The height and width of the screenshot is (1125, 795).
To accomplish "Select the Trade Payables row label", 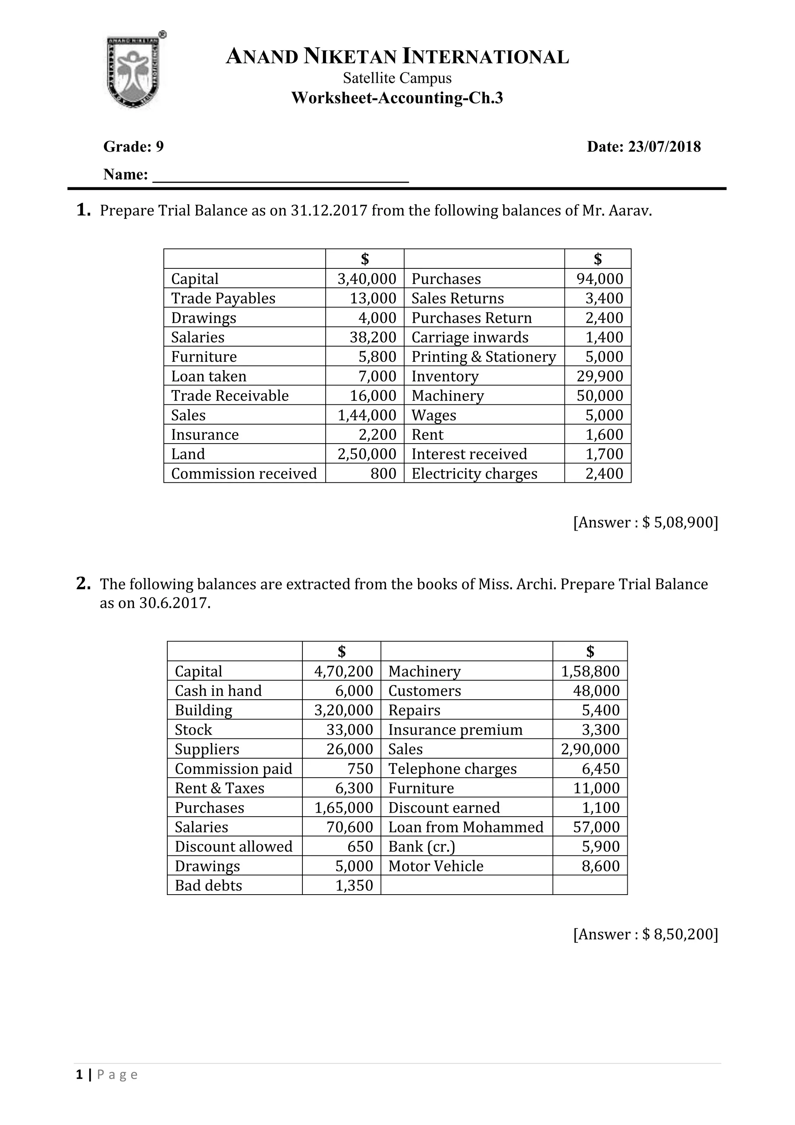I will [223, 298].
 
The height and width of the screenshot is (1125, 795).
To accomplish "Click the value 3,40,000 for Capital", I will [367, 279].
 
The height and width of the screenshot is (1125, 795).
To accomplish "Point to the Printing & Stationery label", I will [484, 357].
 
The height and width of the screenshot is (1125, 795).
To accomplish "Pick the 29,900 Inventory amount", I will [600, 376].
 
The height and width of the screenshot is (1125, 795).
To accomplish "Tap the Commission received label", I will [244, 473].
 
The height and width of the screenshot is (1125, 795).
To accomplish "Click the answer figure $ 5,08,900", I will [679, 522].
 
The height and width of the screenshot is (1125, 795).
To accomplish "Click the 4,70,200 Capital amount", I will [344, 671].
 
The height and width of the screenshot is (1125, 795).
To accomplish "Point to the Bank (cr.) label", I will [422, 847].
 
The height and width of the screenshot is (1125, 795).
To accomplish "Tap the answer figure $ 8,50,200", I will [679, 934].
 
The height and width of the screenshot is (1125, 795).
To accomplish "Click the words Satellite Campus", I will [397, 78].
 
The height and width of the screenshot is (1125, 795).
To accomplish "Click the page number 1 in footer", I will [79, 1075].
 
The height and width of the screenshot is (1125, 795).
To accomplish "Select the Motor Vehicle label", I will [436, 866].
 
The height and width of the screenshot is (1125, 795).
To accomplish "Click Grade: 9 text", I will [134, 146].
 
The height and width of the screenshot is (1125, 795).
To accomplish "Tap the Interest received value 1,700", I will [604, 454].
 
